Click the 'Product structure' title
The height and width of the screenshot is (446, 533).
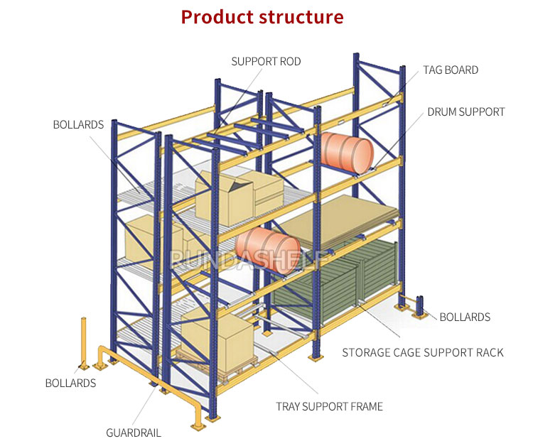pos(262,17)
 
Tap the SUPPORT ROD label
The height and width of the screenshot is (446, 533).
pos(266,62)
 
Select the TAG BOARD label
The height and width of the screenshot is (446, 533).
pos(451,70)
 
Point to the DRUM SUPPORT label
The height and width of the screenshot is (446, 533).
pos(466,112)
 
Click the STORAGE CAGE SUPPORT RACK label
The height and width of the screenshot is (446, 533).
pos(423,352)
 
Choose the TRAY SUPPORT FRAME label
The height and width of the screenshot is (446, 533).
pos(329,406)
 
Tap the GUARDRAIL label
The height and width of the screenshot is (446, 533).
pos(134,433)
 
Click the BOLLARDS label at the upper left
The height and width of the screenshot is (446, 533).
pos(78,125)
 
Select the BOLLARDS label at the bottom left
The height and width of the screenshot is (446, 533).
pos(70,384)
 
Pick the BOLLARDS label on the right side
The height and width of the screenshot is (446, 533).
pos(465,317)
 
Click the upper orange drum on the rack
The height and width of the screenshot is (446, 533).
pos(347,153)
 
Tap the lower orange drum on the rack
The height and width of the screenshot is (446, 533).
pos(268,250)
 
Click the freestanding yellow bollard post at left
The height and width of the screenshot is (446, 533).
pos(83,343)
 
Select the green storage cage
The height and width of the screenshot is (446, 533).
pos(335,281)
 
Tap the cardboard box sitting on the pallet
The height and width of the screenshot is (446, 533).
pos(217,342)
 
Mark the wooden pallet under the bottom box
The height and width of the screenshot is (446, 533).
pos(217,369)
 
